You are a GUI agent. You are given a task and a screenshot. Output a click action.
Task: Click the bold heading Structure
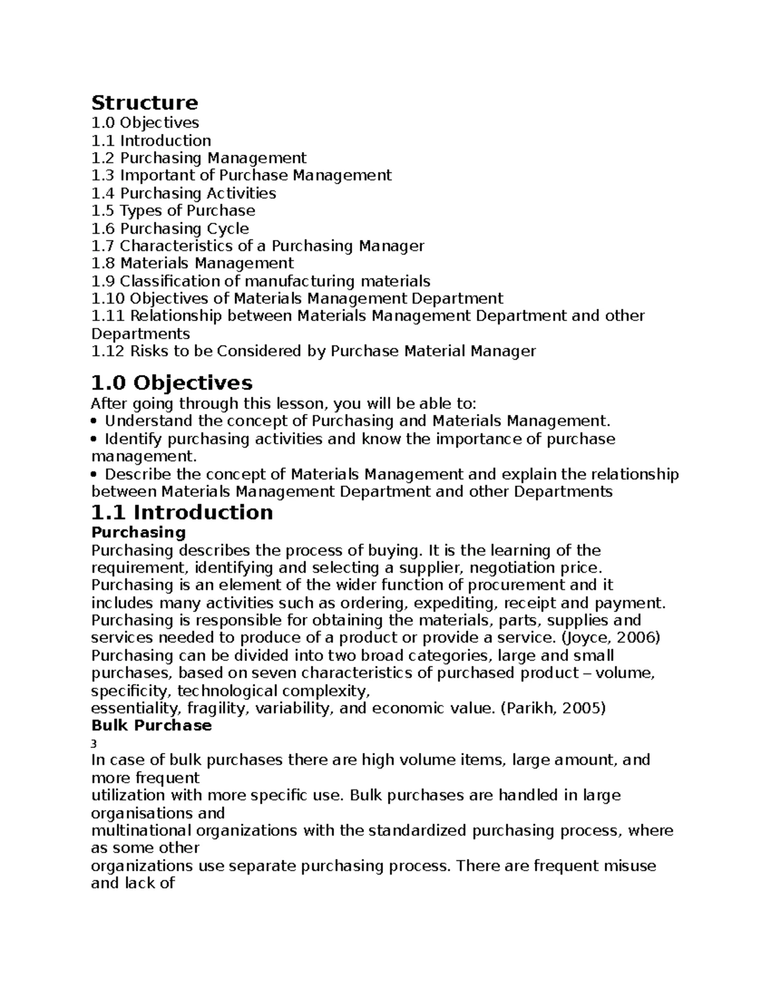(x=145, y=103)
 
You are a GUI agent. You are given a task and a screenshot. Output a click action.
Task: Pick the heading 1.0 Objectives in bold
(x=172, y=383)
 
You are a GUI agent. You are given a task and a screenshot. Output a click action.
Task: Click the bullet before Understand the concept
(x=95, y=422)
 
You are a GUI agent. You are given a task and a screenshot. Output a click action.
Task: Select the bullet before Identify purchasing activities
(x=95, y=439)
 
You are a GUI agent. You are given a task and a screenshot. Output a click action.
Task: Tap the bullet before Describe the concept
(x=95, y=474)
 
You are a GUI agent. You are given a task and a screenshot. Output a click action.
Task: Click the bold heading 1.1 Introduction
(x=182, y=512)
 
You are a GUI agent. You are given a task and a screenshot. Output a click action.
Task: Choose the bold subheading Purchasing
(x=138, y=532)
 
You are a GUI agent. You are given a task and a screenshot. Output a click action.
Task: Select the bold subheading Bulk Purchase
(x=151, y=725)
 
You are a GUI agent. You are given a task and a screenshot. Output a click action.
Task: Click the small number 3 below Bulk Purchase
(x=94, y=744)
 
